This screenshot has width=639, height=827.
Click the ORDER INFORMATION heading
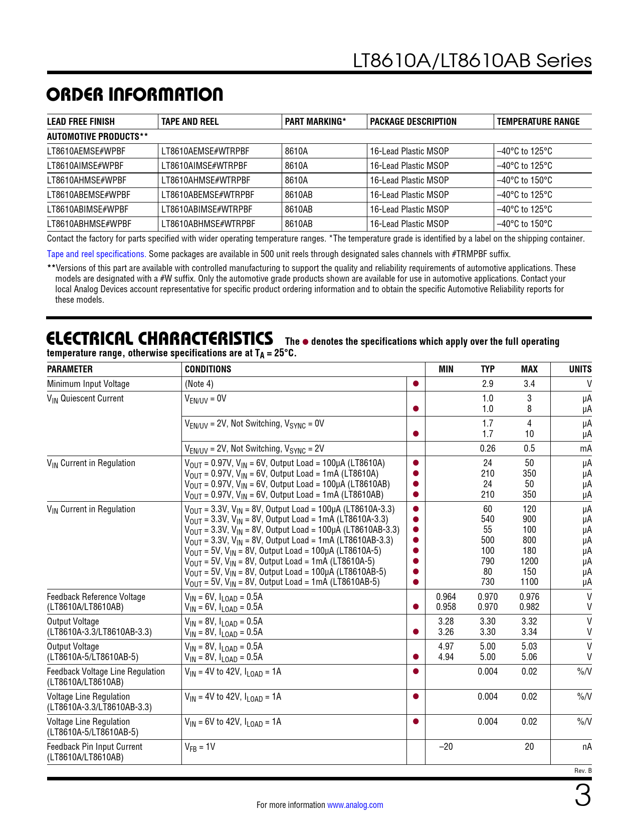135,95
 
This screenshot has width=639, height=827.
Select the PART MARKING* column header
315,121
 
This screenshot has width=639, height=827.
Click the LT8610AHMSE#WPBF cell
87,180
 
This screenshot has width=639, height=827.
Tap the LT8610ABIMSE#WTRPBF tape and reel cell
206,210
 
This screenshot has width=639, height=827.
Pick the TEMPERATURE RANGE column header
538,121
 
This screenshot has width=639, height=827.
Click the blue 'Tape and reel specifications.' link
96,254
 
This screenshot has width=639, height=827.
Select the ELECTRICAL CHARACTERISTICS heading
159,339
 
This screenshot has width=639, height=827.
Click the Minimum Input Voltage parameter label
88,384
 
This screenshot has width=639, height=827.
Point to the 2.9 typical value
487,384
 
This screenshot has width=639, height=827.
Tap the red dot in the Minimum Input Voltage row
415,384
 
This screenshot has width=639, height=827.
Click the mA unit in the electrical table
585,449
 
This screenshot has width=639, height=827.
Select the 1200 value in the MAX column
529,561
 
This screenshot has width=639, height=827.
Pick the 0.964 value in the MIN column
446,597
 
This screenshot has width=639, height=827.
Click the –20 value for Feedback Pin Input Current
446,747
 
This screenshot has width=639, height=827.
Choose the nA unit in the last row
586,747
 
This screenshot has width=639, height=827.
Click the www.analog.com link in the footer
355,805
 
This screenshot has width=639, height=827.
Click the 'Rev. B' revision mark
583,771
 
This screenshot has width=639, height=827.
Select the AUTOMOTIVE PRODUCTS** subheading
97,136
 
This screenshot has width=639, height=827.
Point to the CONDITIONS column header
208,369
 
